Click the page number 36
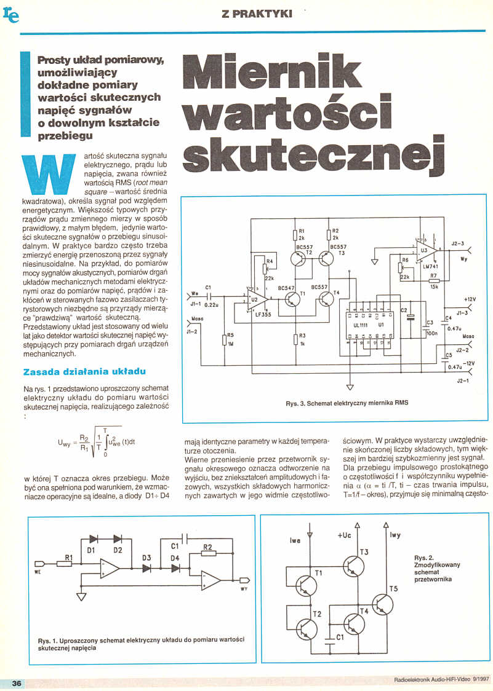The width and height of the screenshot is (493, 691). click(x=16, y=683)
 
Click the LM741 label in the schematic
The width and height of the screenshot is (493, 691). click(x=430, y=266)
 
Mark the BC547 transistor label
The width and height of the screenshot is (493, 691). click(x=287, y=287)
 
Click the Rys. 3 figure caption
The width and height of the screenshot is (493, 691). click(x=347, y=403)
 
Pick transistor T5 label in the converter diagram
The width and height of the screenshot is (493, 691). click(x=394, y=589)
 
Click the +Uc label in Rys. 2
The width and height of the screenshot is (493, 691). click(x=344, y=535)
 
